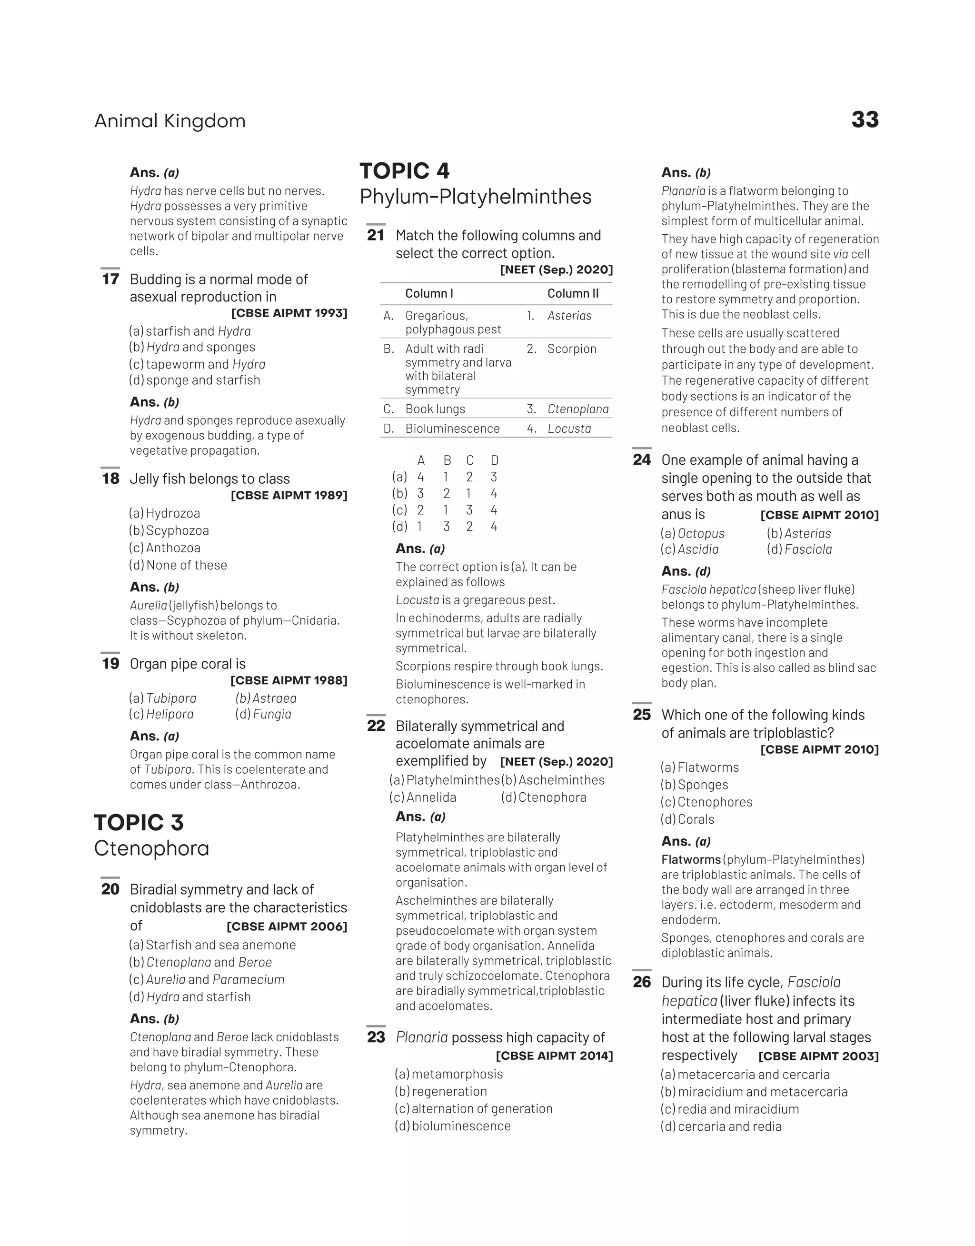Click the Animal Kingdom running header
point(169,121)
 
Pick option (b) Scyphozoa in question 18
point(169,530)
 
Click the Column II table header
point(573,293)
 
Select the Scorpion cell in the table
point(571,349)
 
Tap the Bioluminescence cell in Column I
point(452,428)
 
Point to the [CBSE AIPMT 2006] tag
point(287,927)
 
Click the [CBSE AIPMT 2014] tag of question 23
point(554,1056)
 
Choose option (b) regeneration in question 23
point(441,1091)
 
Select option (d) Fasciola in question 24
point(799,549)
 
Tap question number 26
point(642,982)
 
